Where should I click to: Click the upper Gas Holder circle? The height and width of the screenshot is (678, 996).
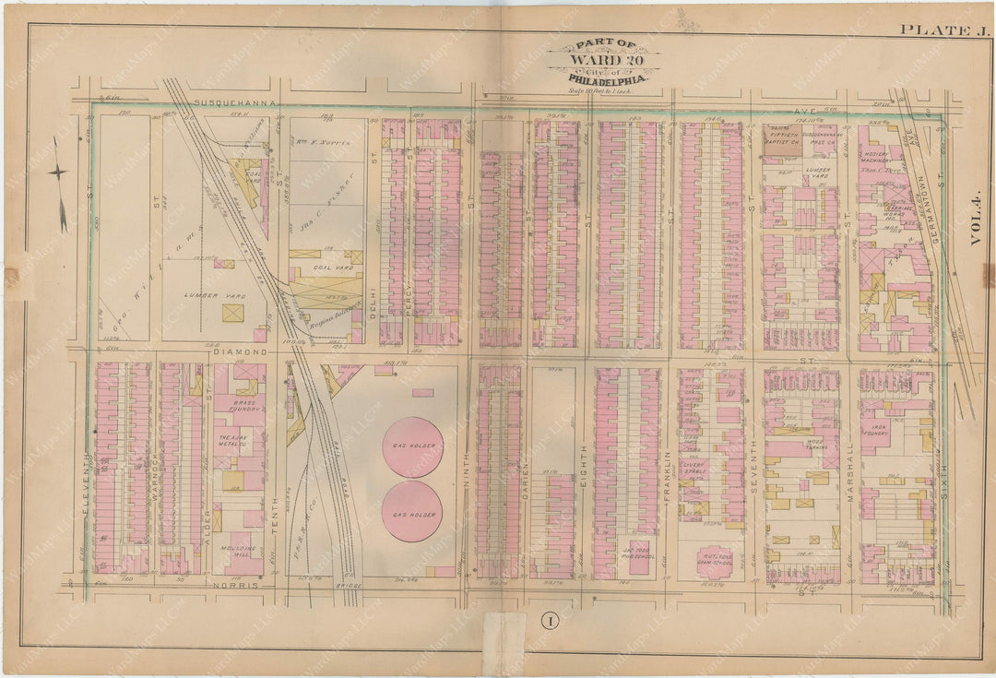[412, 446]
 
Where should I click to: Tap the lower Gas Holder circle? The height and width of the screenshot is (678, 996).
[411, 511]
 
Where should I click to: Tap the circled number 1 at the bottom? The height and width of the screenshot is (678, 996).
[547, 621]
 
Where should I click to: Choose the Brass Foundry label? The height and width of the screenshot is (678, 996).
[244, 407]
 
